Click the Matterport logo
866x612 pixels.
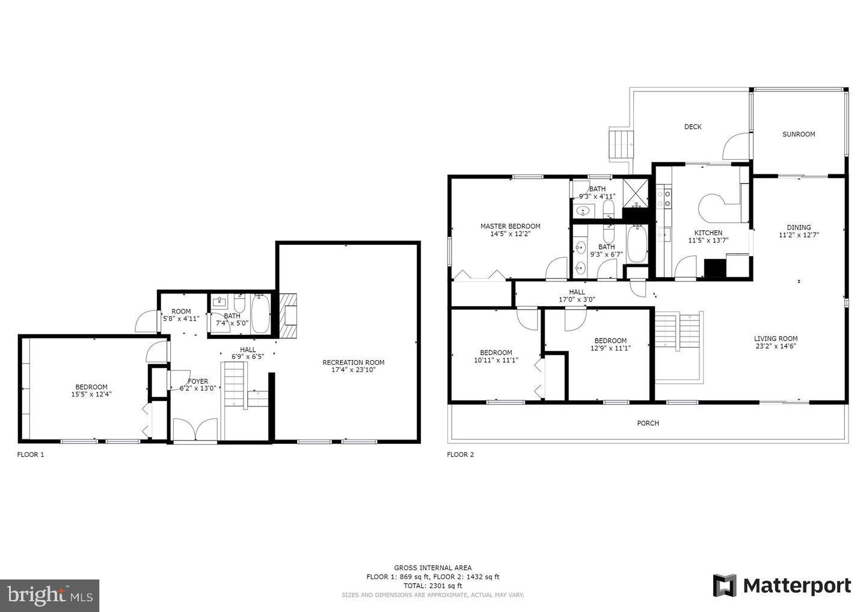(782, 586)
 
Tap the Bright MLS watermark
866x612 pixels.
(49, 595)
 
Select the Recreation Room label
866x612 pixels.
(353, 363)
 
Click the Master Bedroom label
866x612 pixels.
(510, 227)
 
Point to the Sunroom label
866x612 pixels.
(799, 135)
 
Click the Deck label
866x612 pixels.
(693, 127)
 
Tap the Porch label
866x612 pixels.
(648, 423)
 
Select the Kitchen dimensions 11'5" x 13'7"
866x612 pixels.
(708, 240)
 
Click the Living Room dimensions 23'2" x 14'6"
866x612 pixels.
(776, 346)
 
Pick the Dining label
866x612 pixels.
(799, 227)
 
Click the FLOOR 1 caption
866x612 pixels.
(30, 455)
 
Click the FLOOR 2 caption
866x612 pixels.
(460, 455)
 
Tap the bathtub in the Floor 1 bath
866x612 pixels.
(260, 314)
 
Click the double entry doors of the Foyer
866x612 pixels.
(195, 430)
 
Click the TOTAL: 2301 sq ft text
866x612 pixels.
(432, 586)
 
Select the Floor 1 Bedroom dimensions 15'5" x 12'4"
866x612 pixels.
(91, 395)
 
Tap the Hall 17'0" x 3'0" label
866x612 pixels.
(576, 299)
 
